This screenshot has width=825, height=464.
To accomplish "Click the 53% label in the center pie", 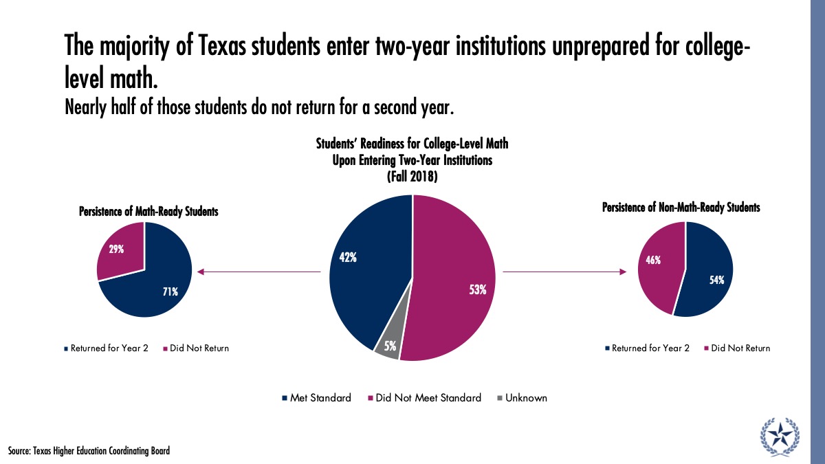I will pyautogui.click(x=478, y=290).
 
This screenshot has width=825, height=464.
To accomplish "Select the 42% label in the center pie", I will pyautogui.click(x=348, y=258).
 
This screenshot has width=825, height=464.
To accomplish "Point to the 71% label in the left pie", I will pyautogui.click(x=170, y=291).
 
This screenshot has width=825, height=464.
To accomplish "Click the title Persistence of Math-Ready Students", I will pyautogui.click(x=148, y=212).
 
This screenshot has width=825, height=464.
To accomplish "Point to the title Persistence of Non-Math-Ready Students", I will pyautogui.click(x=681, y=208).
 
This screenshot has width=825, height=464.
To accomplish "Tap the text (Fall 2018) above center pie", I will pyautogui.click(x=412, y=176).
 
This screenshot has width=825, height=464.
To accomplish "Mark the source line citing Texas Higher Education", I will pyautogui.click(x=89, y=451).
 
